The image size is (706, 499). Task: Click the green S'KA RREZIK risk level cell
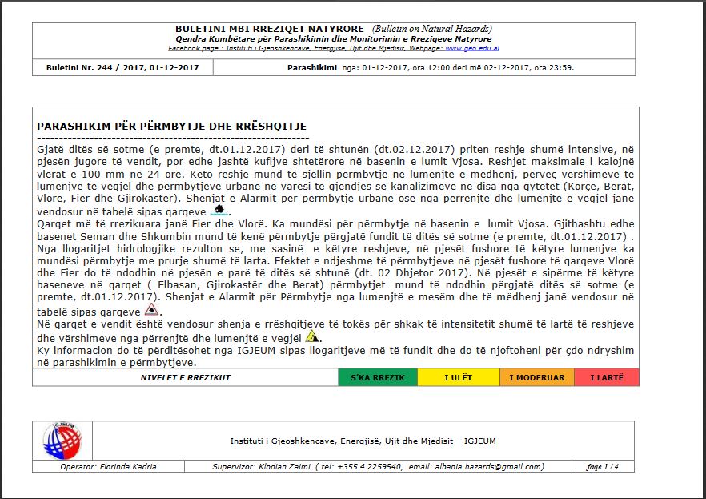pos(378,377)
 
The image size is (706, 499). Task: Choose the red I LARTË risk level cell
pos(606,377)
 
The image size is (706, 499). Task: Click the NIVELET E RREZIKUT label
pos(185,377)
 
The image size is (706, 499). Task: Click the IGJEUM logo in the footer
pos(62,441)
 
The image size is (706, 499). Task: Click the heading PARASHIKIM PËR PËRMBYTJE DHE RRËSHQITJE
pos(171,127)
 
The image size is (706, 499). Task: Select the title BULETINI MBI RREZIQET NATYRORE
pos(269,29)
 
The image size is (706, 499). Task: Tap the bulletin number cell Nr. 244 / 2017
pos(122,67)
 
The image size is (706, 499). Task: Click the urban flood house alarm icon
pos(219,211)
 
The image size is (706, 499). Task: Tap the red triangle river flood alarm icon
pos(150,310)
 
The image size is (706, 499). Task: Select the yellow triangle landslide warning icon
pos(290,336)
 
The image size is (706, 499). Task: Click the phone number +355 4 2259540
pos(372,466)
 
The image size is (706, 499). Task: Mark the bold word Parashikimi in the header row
pos(311,67)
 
